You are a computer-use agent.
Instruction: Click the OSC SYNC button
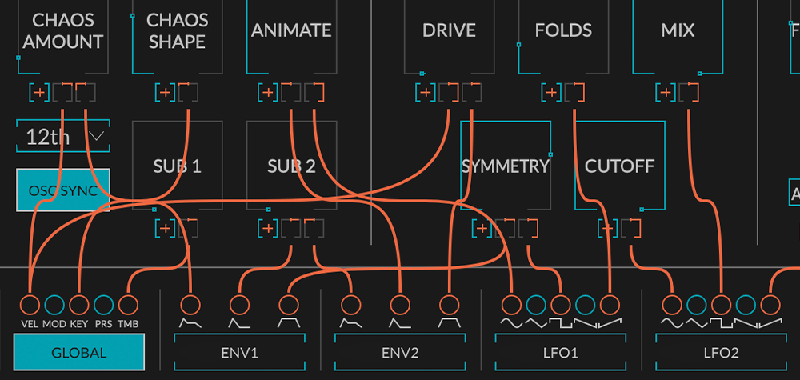coord(62,190)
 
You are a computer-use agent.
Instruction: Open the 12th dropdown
coord(62,137)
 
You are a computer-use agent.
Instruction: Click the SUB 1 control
coord(177,166)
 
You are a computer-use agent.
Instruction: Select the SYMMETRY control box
coord(506,166)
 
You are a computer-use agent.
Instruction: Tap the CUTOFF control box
coord(620,166)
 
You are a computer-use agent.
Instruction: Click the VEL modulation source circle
coord(30,304)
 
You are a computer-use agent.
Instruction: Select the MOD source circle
coord(54,304)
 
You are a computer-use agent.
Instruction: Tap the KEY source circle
coord(78,304)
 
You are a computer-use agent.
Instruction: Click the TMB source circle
coord(127,304)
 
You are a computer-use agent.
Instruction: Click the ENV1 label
coord(239,352)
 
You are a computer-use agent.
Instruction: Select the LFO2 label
coord(720,352)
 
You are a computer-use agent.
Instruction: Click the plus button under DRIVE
coord(425,93)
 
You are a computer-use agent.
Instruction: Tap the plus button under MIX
coord(665,93)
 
